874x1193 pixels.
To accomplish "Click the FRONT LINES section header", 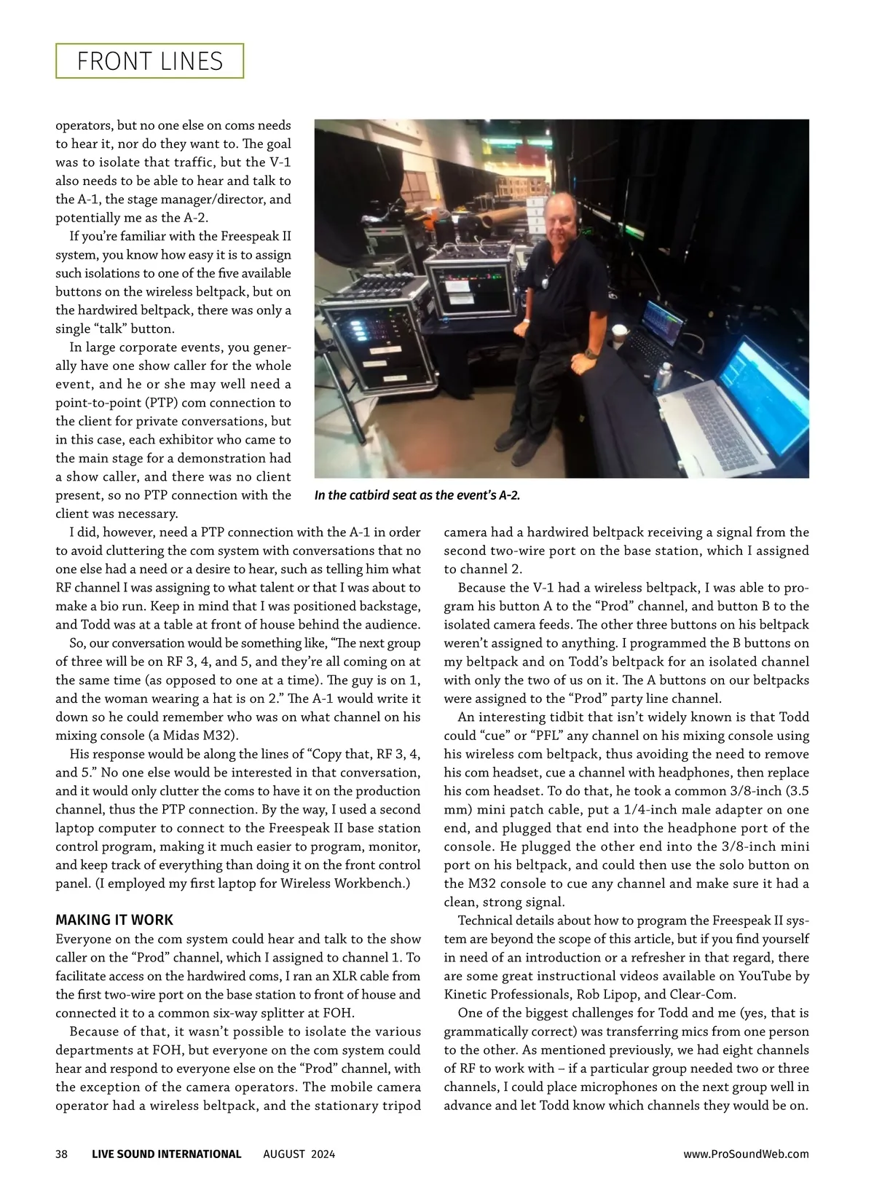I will (x=150, y=61).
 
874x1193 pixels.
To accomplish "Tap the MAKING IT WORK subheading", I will (x=114, y=920).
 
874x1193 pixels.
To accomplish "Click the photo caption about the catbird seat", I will (x=417, y=495).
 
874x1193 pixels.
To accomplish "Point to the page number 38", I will (x=62, y=1154).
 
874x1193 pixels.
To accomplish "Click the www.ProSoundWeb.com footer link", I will (x=746, y=1154).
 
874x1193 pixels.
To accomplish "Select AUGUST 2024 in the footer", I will (x=299, y=1154).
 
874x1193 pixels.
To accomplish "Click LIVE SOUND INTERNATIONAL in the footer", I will (x=167, y=1154).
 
